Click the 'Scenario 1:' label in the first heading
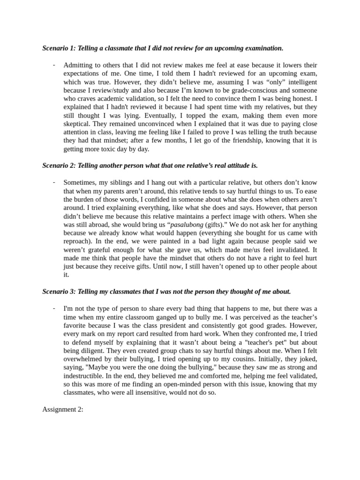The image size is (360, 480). tap(59, 48)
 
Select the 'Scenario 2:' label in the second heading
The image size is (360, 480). tap(59, 165)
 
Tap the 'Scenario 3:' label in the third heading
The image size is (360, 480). tap(59, 292)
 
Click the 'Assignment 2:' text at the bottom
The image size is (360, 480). tap(63, 409)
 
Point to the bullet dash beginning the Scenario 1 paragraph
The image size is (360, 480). tap(54, 65)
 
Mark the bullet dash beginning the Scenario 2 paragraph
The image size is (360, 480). tap(54, 182)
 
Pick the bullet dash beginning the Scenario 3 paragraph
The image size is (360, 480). tap(54, 308)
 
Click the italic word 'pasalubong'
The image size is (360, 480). tap(187, 225)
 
